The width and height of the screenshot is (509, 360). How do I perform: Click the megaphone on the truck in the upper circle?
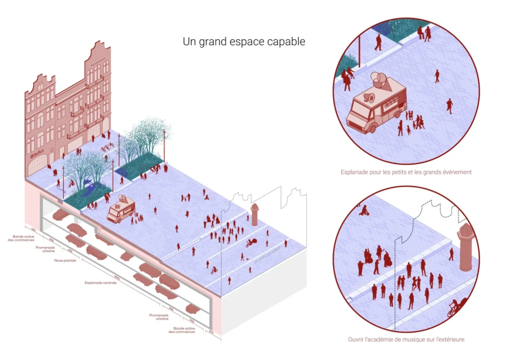(368, 97)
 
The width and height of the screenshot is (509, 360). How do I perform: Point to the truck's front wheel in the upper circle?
(369, 129)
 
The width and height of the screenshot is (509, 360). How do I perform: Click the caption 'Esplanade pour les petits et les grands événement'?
(406, 172)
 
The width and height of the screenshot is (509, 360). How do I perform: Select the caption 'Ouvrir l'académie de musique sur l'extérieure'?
(406, 340)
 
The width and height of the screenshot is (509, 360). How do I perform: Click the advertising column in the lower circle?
(465, 247)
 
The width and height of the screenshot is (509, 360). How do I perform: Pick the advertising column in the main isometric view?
(255, 213)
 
